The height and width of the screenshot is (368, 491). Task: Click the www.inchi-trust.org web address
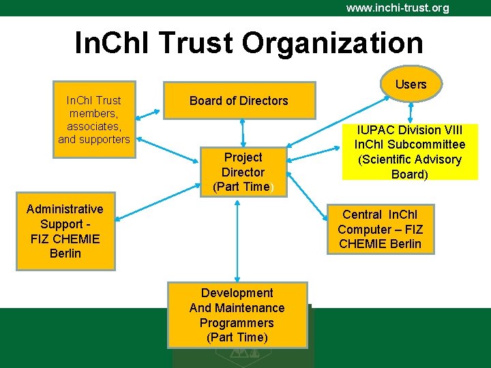tap(397, 8)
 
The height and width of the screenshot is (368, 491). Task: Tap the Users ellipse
tap(411, 85)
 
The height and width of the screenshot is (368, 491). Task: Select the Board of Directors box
tap(239, 101)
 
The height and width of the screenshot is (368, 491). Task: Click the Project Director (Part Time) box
tap(243, 172)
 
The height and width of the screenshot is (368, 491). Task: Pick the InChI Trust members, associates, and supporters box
tap(94, 120)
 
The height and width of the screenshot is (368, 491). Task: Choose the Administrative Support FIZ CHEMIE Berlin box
tap(65, 231)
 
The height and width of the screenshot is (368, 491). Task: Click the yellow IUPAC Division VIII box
tap(409, 152)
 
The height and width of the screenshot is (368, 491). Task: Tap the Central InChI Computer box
tap(380, 229)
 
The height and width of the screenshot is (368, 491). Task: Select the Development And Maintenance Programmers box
tap(237, 316)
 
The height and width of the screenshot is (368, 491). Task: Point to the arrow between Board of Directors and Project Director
tap(243, 132)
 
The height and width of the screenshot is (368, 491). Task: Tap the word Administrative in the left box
tap(65, 209)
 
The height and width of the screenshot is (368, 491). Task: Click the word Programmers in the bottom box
tap(237, 323)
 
